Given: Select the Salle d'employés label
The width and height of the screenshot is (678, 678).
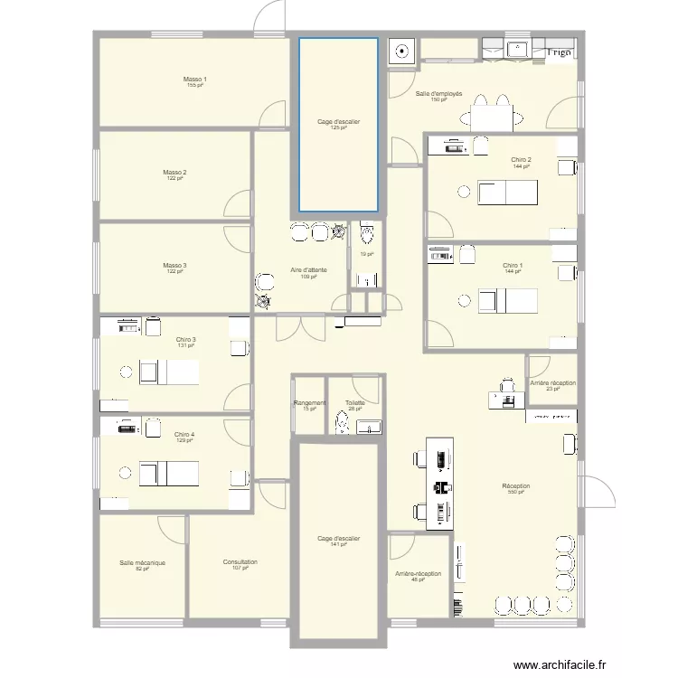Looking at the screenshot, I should click(439, 94).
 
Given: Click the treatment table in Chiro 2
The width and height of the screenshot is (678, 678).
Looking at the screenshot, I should click(507, 193).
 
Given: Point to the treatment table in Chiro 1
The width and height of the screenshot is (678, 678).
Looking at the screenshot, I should click(507, 300).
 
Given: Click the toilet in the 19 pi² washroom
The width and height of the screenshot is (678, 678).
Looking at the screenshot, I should click(366, 235).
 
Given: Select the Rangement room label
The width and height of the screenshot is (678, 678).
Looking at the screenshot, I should click(310, 403).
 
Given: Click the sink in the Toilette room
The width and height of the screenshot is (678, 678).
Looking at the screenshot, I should click(369, 427).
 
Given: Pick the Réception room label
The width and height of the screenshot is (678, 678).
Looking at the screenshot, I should click(516, 486).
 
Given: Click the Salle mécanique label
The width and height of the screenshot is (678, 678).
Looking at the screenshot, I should click(142, 562).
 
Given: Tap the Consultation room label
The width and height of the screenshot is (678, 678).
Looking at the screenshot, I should click(240, 562).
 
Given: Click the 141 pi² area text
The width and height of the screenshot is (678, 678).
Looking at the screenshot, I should click(339, 544).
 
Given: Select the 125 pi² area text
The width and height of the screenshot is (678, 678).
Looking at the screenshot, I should click(339, 127).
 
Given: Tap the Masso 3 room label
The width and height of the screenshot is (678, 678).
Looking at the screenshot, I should click(175, 266).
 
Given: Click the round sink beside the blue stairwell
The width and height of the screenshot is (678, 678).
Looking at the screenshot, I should click(401, 52).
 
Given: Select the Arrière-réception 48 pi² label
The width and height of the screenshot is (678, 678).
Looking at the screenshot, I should click(419, 575).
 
